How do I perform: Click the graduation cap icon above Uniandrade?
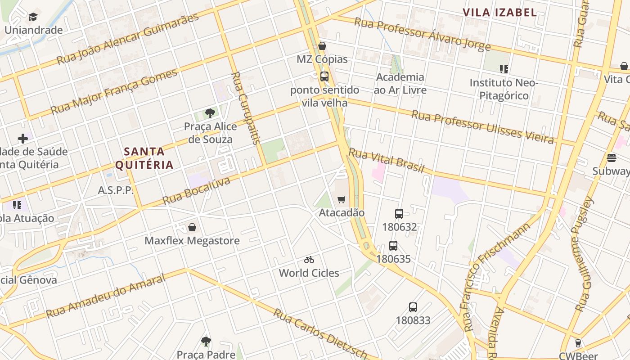click(x=33, y=17)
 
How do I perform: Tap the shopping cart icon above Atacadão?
click(x=342, y=199)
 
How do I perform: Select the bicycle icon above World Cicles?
click(x=309, y=260)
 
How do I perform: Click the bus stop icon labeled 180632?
click(x=399, y=214)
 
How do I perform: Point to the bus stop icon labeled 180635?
click(x=393, y=246)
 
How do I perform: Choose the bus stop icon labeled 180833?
click(x=413, y=307)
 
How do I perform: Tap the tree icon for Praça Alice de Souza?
click(x=210, y=113)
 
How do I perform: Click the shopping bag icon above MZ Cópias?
click(x=322, y=46)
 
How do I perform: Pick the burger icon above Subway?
click(x=611, y=158)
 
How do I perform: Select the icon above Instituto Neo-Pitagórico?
click(x=504, y=69)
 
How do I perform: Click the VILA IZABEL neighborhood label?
click(x=500, y=13)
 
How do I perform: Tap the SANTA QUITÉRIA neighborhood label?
click(x=144, y=158)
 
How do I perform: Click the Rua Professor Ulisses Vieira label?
click(x=482, y=127)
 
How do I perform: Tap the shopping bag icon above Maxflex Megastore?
click(x=192, y=227)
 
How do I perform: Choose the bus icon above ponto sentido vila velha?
click(x=324, y=76)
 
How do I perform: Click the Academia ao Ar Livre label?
click(x=400, y=83)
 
